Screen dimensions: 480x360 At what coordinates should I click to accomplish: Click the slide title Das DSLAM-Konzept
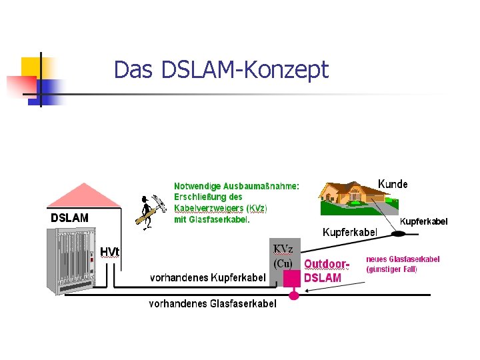point(221,69)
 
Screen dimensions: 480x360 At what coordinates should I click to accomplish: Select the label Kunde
point(393,183)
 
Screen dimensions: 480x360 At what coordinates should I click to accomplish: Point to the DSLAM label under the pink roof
point(70,218)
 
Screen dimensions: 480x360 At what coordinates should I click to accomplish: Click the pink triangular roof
point(82,195)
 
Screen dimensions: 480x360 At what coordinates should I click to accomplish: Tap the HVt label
point(109,251)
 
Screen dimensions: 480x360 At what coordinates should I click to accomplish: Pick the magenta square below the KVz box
point(292,278)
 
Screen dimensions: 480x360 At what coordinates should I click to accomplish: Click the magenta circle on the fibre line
point(294,294)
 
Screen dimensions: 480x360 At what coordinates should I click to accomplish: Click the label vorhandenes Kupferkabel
point(207,277)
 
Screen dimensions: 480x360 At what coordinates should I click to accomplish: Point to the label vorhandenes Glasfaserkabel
point(212,304)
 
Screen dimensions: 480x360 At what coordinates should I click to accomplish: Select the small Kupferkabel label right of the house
point(423,221)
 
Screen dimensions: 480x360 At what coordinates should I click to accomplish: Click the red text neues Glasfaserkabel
point(403,259)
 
